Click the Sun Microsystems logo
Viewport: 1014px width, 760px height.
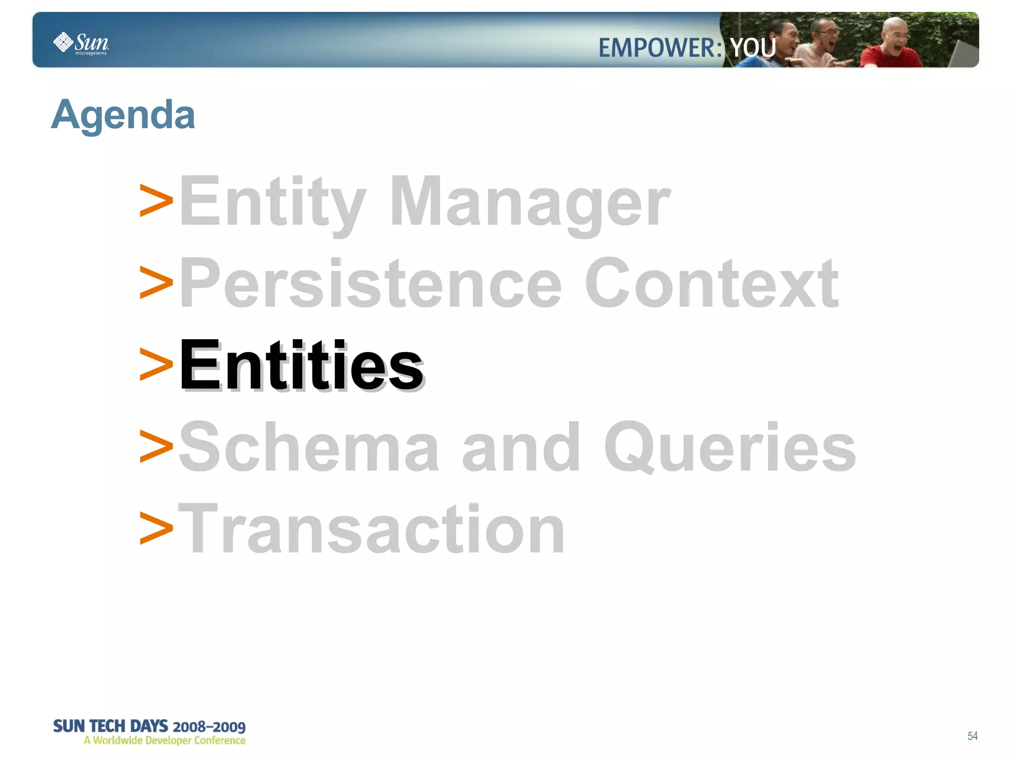[81, 43]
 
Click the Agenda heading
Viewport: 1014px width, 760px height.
[123, 115]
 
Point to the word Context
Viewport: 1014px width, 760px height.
[711, 284]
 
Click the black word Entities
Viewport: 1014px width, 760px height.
[301, 365]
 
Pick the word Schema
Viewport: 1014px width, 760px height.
[308, 447]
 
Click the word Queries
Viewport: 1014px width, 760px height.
[730, 447]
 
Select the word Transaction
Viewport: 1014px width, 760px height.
[371, 528]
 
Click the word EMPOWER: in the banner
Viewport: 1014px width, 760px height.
[660, 48]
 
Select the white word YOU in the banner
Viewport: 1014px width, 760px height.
[753, 48]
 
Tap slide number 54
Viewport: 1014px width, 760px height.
[972, 736]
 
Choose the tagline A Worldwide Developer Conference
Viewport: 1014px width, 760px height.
[164, 741]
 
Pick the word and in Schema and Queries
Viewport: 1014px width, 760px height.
[520, 447]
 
